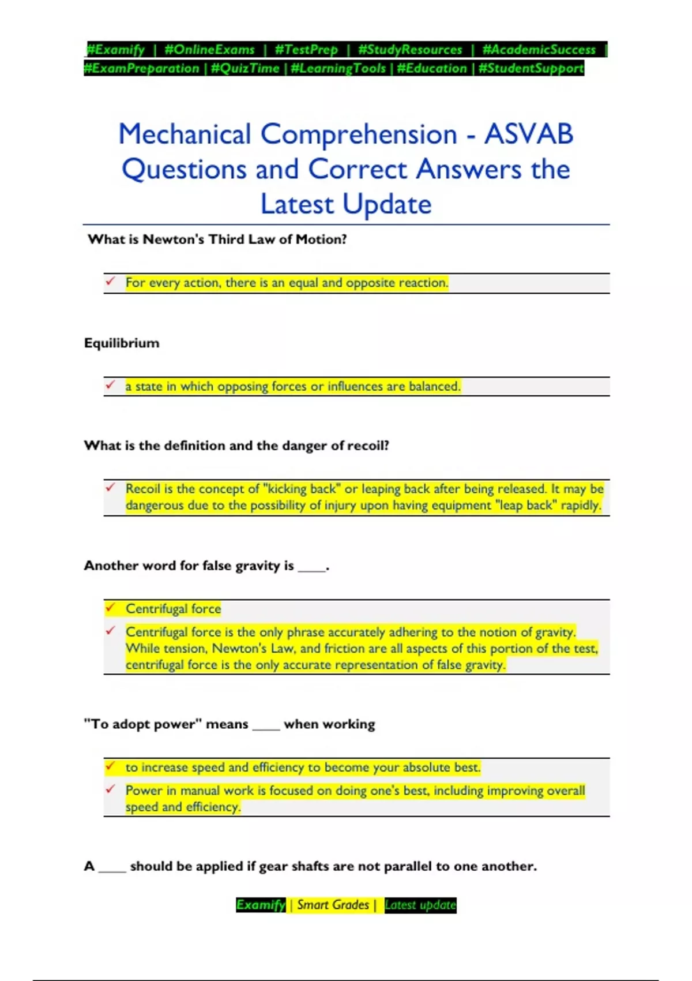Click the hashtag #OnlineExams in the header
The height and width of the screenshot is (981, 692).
[209, 50]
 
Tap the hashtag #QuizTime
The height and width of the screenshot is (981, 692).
[245, 68]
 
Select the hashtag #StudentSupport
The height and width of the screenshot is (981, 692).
[531, 68]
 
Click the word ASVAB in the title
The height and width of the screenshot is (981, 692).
[528, 134]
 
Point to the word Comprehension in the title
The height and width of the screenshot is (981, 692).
[359, 134]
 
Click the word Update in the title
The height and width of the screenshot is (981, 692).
[387, 204]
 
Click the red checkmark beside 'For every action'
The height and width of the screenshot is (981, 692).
[110, 282]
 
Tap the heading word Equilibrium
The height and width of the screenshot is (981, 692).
[122, 343]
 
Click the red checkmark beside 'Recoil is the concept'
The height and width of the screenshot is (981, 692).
[110, 488]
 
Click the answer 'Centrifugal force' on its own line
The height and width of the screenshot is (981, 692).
[173, 609]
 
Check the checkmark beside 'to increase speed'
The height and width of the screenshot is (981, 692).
[110, 766]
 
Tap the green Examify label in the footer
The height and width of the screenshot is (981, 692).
[261, 905]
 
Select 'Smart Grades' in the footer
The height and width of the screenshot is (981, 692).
[333, 905]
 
